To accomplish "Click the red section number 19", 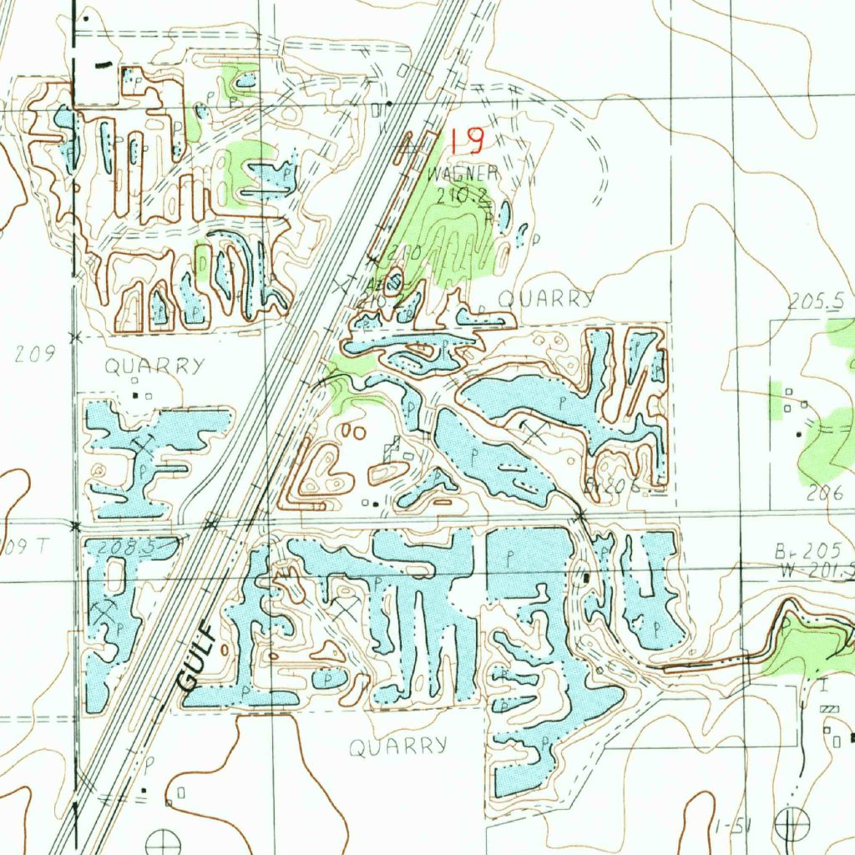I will [466, 140].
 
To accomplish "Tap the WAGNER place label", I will [463, 174].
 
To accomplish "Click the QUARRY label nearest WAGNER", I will [547, 300].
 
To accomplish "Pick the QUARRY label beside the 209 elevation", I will [154, 366].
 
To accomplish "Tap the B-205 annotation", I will [793, 552].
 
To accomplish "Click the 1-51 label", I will [734, 827].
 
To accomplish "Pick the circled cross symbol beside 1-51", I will [790, 824].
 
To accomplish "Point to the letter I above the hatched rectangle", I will [824, 686].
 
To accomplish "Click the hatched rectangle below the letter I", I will [828, 709].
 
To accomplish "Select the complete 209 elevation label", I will [35, 353].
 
